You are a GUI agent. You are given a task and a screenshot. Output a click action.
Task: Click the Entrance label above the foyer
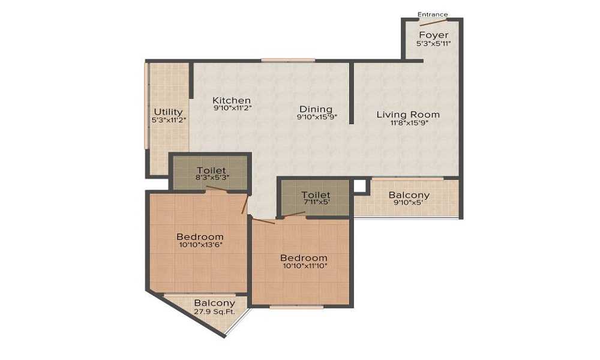click(433, 14)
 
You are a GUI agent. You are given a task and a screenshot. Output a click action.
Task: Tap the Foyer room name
click(434, 35)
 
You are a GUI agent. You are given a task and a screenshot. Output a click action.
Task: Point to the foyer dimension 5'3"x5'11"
click(434, 44)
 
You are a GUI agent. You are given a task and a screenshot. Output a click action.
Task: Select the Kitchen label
click(232, 101)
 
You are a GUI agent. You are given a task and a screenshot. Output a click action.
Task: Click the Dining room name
click(316, 109)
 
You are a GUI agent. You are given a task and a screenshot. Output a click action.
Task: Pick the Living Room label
click(408, 115)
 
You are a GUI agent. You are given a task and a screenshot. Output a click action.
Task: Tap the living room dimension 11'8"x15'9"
click(408, 123)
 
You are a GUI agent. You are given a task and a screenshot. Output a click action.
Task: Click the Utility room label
click(169, 112)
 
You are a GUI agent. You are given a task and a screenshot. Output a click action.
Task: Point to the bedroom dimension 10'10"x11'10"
click(305, 266)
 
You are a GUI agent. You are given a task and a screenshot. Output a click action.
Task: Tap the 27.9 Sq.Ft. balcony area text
click(214, 312)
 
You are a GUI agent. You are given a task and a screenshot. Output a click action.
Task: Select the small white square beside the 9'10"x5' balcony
click(359, 186)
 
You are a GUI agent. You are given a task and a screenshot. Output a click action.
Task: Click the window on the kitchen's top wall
click(288, 60)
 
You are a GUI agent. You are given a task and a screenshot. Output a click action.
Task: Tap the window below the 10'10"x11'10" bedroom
click(296, 307)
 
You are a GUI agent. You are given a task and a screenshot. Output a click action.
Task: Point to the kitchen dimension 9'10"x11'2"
click(232, 108)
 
